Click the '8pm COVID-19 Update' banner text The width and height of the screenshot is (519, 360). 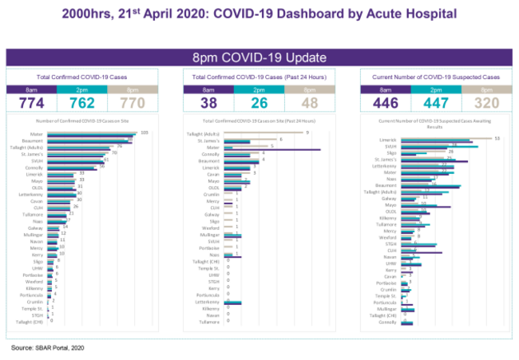(259, 57)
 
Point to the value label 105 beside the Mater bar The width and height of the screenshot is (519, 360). (145, 132)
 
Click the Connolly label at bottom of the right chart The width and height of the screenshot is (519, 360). (388, 322)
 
